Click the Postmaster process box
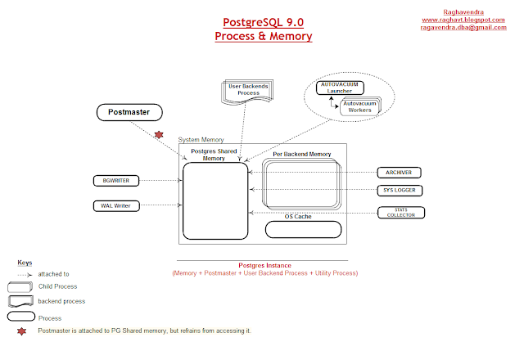(129, 112)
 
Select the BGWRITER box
(116, 181)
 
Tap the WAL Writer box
(116, 205)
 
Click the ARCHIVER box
(399, 173)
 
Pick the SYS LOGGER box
(400, 191)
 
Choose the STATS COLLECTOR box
(401, 213)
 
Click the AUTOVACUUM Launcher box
(340, 88)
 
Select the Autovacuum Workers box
(360, 107)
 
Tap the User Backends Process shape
(247, 91)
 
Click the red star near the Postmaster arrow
(159, 134)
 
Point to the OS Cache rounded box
(303, 229)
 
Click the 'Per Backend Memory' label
(302, 154)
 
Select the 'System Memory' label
(201, 140)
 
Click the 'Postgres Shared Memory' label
(214, 155)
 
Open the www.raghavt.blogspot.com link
(463, 20)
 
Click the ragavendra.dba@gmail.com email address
(463, 27)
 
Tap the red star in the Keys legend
(22, 331)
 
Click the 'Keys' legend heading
(25, 263)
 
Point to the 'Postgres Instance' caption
(264, 265)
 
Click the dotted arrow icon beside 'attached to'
(25, 275)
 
